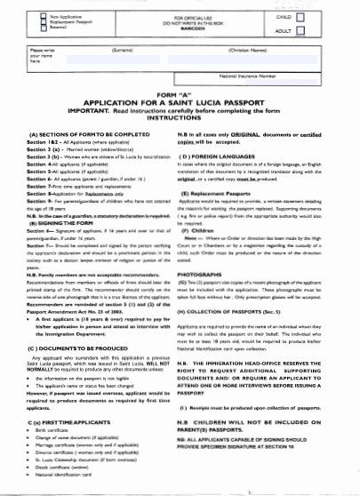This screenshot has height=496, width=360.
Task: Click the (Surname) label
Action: coord(124,52)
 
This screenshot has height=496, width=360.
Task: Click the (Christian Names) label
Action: coord(252,52)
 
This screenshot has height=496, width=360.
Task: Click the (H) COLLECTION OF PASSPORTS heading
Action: coord(235,312)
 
